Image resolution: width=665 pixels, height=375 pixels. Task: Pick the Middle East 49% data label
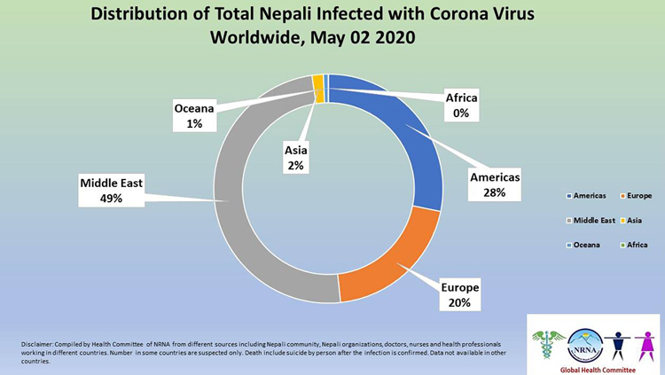[x=112, y=191]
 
